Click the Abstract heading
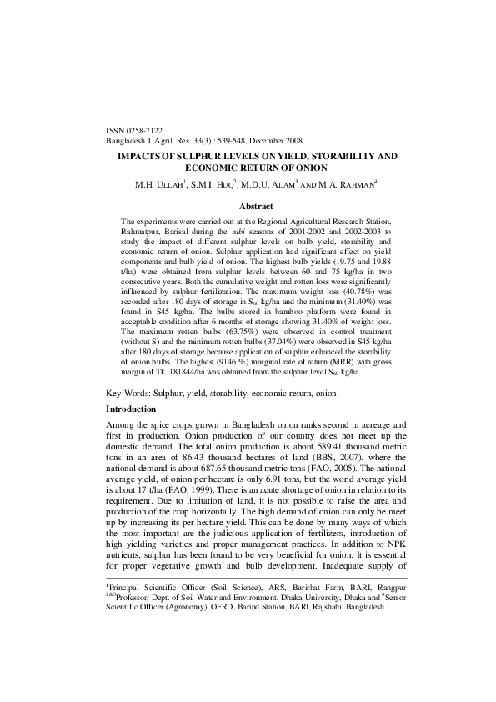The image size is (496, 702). (x=257, y=205)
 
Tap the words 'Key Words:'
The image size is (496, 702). (x=127, y=392)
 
